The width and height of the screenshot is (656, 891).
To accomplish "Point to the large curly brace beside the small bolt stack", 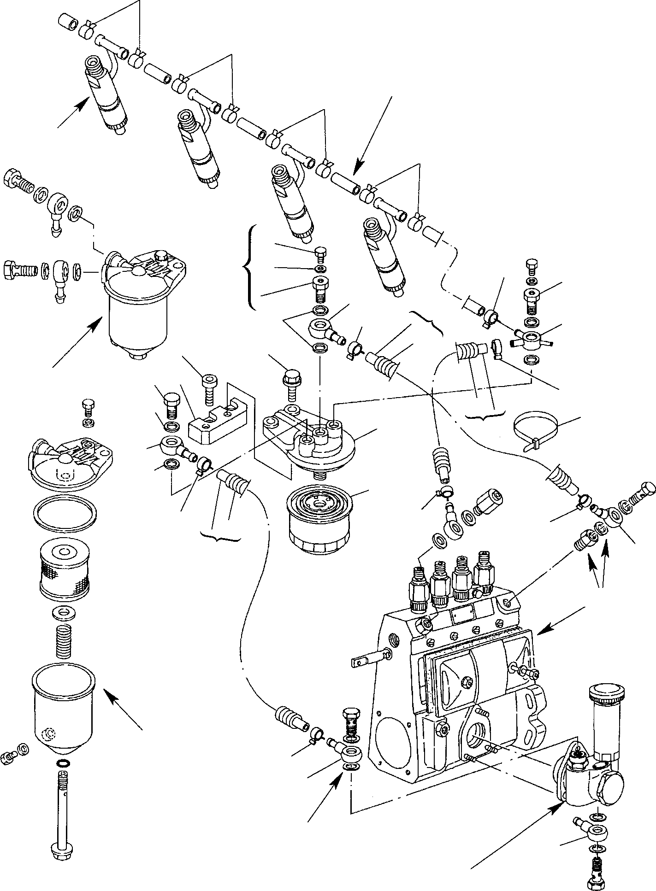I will pos(249,268).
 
